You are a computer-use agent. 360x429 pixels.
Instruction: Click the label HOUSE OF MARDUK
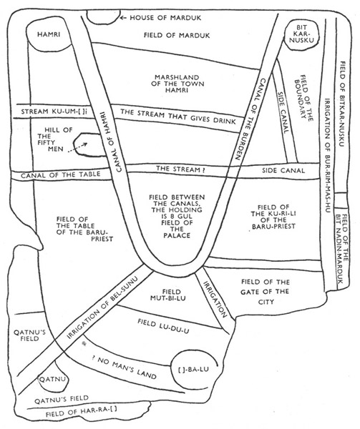point(165,18)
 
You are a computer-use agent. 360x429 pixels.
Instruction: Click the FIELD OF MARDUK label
point(177,35)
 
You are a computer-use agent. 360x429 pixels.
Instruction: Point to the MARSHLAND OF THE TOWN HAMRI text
point(177,84)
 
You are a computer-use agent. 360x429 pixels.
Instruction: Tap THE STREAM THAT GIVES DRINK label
point(178,117)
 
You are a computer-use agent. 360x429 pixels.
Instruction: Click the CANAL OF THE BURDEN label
point(250,119)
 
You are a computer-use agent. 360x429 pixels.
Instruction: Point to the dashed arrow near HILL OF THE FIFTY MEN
point(77,148)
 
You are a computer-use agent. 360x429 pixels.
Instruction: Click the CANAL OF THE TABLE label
point(61,174)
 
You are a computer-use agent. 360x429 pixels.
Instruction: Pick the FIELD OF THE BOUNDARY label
point(303,97)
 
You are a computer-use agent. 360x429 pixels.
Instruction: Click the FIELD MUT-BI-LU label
point(167,295)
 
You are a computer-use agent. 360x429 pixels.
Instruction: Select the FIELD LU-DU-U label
point(163,326)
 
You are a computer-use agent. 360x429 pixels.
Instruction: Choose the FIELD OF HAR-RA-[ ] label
point(81,412)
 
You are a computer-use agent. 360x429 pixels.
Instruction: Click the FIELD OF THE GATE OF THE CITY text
point(266,292)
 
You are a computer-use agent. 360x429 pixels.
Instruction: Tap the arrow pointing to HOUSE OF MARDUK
point(124,18)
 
